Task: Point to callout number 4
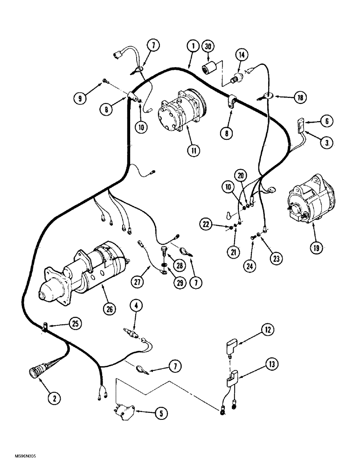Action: (135, 307)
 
